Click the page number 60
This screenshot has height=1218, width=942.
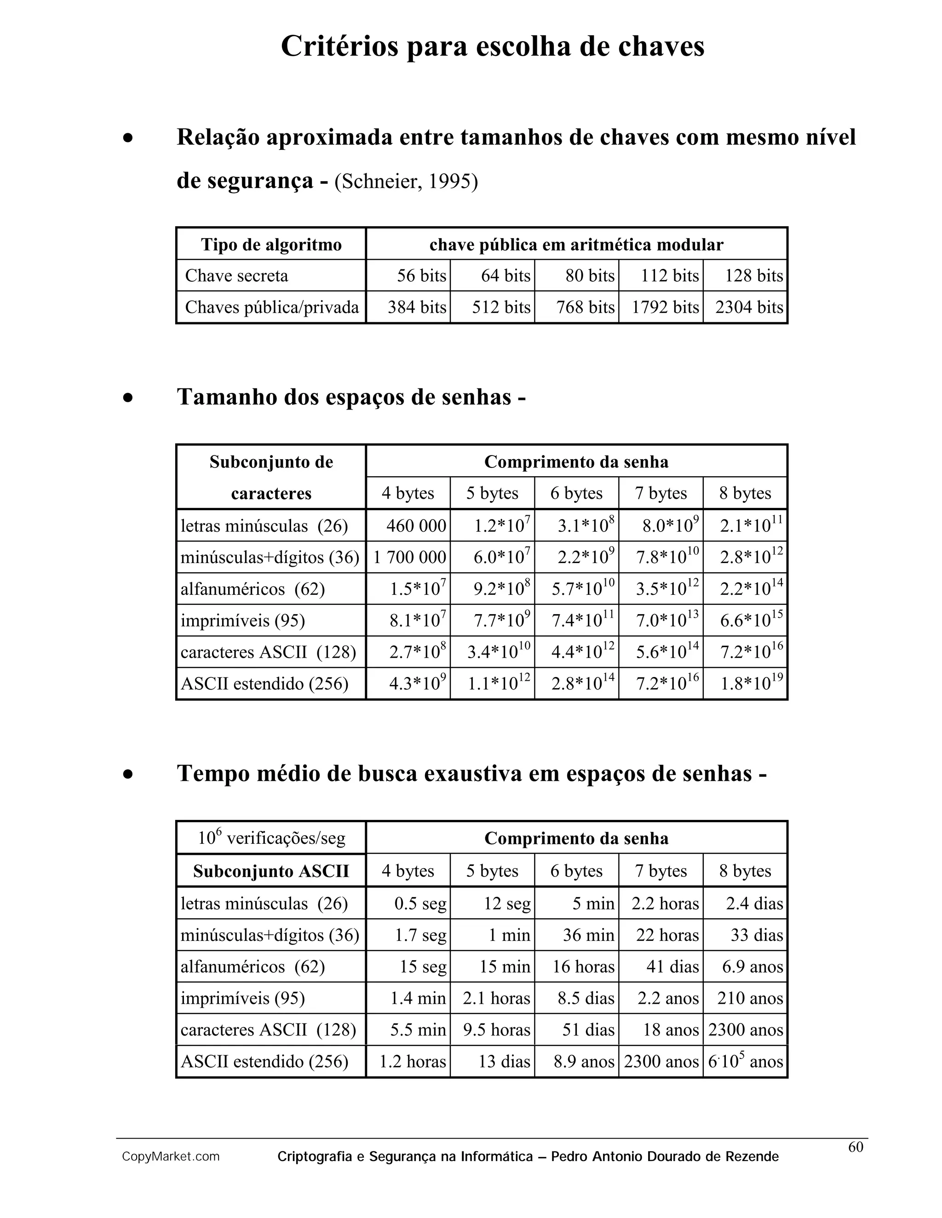click(x=856, y=1147)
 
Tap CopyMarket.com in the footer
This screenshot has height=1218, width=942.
click(x=171, y=1157)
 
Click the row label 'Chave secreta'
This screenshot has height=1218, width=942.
click(x=236, y=275)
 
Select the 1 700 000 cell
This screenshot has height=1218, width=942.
click(x=409, y=557)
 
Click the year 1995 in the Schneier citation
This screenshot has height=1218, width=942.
click(x=449, y=182)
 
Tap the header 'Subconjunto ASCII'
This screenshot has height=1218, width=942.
click(x=271, y=871)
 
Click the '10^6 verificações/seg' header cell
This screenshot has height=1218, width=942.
click(x=271, y=838)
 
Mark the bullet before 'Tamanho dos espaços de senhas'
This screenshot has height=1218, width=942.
click(x=128, y=398)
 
